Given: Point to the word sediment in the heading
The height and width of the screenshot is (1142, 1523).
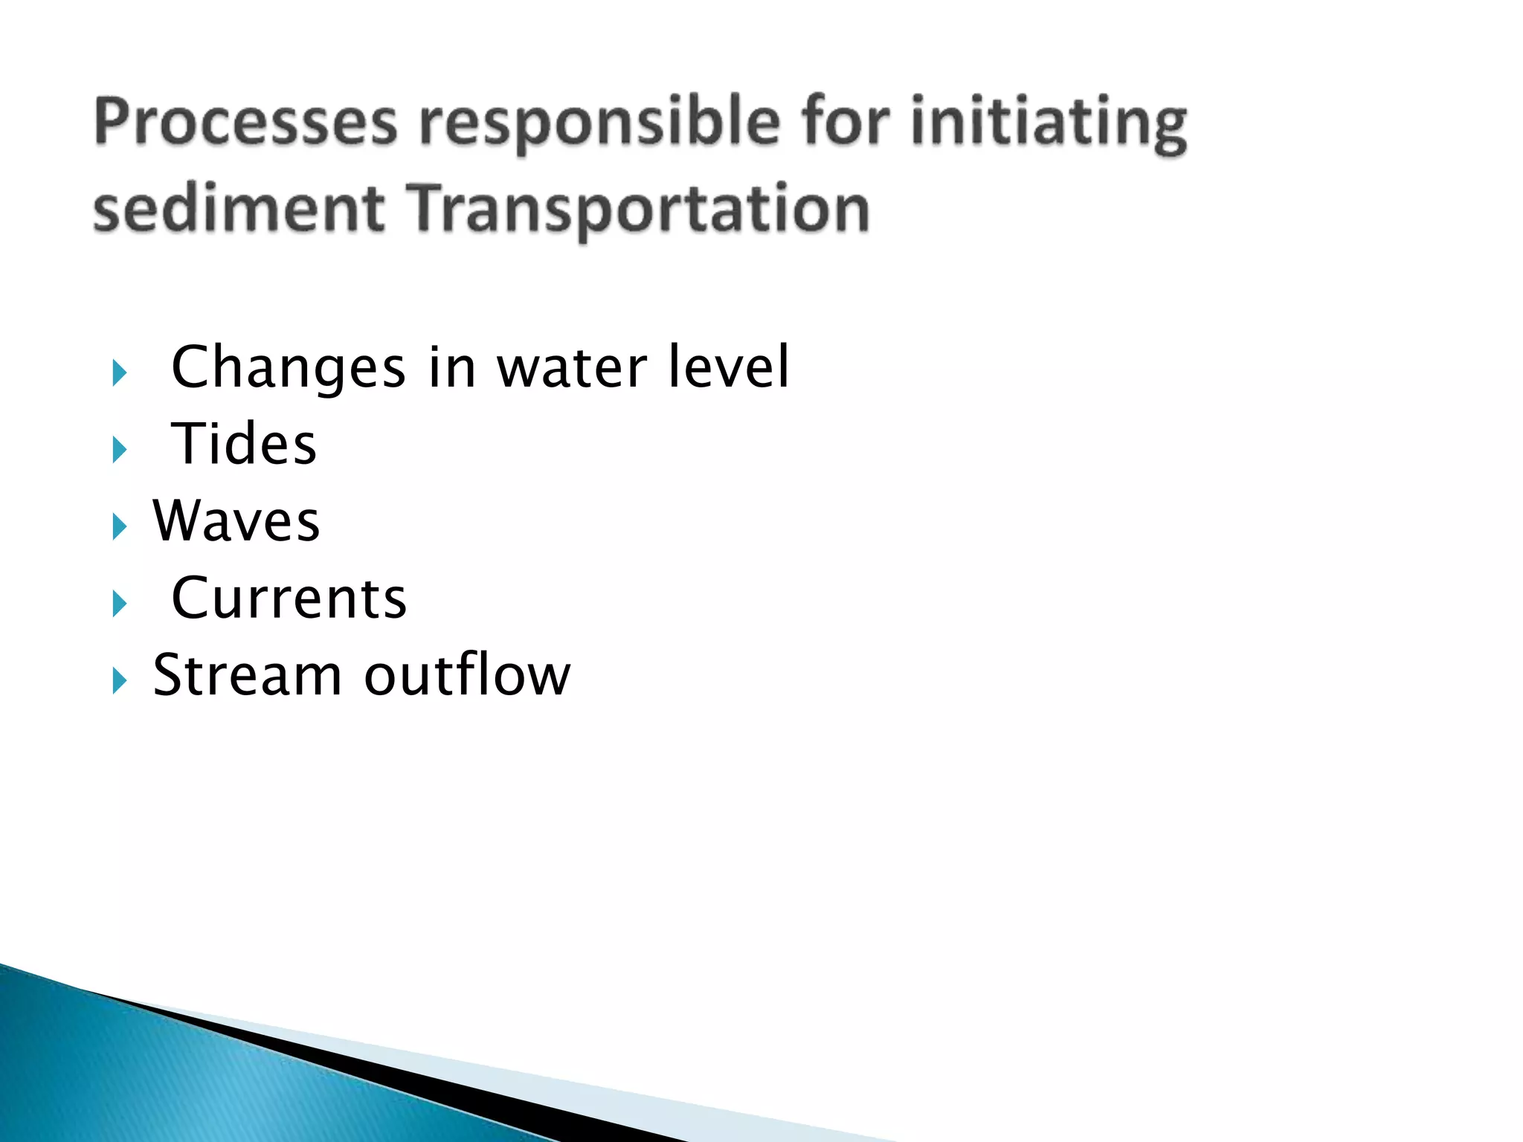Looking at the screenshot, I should [x=239, y=210].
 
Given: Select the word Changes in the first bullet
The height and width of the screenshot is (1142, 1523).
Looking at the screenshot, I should [x=289, y=368].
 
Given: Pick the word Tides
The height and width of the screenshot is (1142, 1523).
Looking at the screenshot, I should [x=244, y=445].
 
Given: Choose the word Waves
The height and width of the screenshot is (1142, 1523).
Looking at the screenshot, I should [x=236, y=521].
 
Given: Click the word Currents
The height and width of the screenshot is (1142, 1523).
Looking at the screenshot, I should [x=289, y=599].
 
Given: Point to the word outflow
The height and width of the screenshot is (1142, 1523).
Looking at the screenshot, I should [x=467, y=675].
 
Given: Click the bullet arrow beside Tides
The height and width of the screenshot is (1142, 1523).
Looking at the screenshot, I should [x=119, y=449].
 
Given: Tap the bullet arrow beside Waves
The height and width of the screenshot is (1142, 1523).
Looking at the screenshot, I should [x=119, y=526].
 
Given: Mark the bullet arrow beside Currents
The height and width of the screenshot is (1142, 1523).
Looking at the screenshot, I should [x=119, y=604].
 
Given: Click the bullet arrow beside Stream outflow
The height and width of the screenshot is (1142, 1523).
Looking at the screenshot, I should [x=119, y=680].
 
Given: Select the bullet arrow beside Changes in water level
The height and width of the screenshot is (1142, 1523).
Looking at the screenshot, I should [x=119, y=372].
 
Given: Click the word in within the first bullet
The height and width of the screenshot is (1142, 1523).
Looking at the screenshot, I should [x=451, y=368].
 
